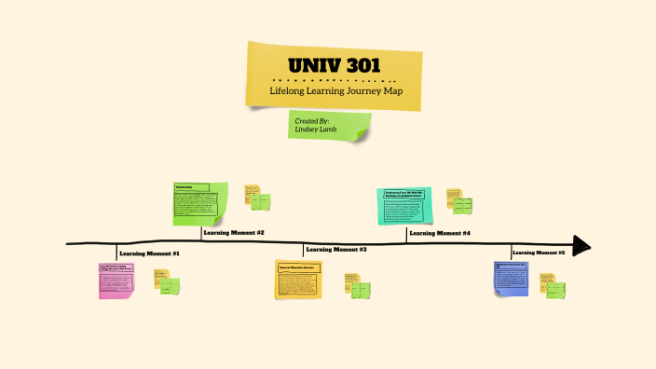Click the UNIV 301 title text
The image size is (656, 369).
pyautogui.click(x=334, y=67)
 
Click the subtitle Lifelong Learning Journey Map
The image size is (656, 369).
pyautogui.click(x=334, y=91)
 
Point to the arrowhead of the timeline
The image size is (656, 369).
pyautogui.click(x=581, y=246)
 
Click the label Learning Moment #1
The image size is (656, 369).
pyautogui.click(x=149, y=253)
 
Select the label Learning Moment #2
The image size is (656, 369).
pyautogui.click(x=234, y=232)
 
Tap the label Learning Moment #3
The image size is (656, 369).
pyautogui.click(x=336, y=250)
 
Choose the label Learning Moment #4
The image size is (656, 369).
pyautogui.click(x=440, y=232)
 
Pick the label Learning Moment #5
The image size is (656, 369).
pyautogui.click(x=539, y=253)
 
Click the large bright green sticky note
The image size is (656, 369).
pyautogui.click(x=200, y=203)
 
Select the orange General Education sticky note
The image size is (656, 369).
pyautogui.click(x=298, y=279)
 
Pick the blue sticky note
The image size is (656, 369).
pyautogui.click(x=510, y=279)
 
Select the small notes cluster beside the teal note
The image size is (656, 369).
pyautogui.click(x=458, y=201)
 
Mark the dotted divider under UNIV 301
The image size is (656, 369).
pyautogui.click(x=334, y=80)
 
